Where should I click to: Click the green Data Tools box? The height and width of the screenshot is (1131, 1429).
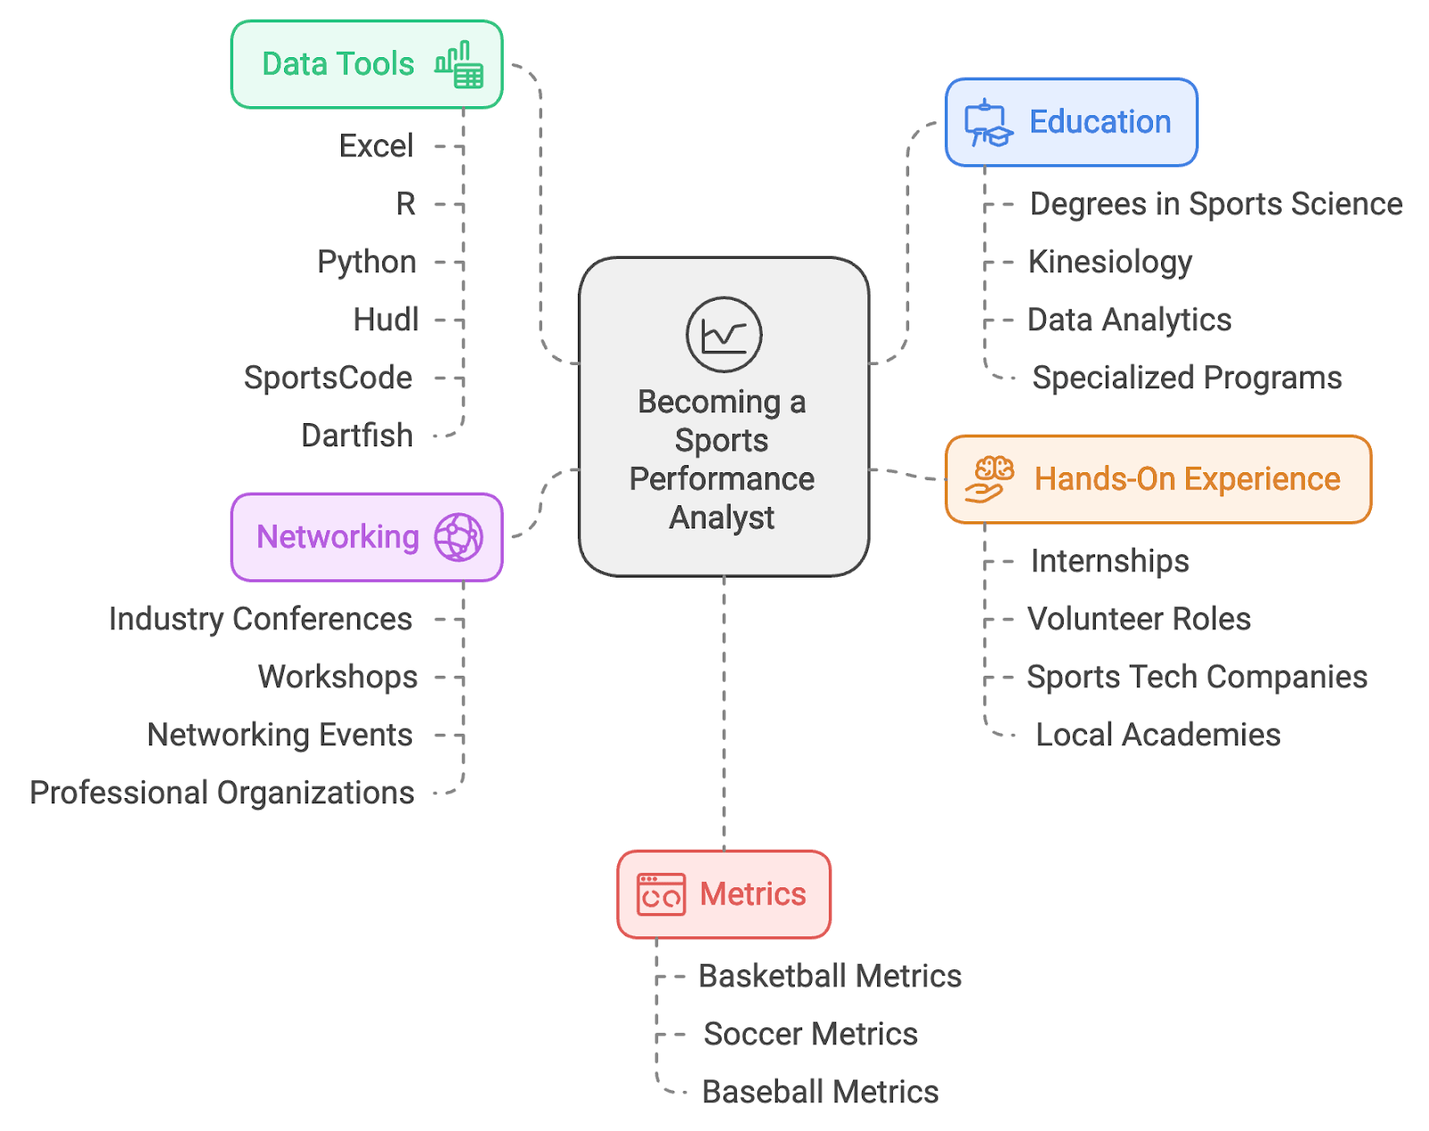(366, 64)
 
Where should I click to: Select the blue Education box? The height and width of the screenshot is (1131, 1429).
(1071, 122)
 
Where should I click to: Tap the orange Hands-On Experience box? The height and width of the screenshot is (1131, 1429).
(1157, 479)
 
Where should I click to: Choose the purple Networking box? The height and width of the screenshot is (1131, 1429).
(366, 537)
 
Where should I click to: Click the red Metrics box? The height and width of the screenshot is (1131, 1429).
(723, 894)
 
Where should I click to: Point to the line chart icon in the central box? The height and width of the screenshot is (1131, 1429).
(723, 335)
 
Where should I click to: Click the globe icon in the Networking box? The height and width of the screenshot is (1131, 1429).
(458, 537)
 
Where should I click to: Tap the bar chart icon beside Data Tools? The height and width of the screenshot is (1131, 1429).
(459, 64)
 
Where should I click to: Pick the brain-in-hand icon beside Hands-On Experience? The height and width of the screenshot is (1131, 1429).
(990, 479)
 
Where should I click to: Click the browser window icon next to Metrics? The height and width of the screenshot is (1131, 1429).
(661, 894)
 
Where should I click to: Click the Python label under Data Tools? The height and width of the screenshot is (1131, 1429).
(366, 262)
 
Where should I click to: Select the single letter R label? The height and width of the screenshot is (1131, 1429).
(405, 204)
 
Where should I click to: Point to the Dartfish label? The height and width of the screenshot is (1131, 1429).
(357, 436)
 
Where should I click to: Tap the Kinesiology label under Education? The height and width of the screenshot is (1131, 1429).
(1110, 262)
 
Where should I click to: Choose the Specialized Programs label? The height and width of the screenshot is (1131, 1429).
(1187, 378)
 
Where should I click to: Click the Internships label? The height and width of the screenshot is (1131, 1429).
(1110, 561)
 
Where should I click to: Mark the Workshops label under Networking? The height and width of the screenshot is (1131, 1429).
(338, 678)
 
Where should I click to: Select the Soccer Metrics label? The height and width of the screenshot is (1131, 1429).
(810, 1034)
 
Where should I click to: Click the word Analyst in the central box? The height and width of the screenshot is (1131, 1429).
(722, 518)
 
